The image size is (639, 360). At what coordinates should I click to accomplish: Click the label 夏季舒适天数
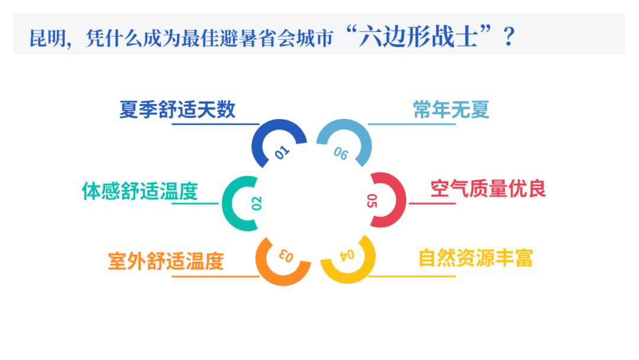tap(177, 110)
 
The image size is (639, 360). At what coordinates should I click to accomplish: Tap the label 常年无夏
tap(451, 110)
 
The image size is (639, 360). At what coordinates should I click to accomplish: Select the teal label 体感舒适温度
tap(140, 191)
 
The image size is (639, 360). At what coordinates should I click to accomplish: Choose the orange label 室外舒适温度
tap(166, 261)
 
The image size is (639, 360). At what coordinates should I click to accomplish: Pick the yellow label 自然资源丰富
tap(476, 258)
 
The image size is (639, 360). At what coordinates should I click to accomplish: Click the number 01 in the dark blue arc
tap(283, 153)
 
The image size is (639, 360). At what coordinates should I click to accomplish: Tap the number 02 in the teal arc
tap(257, 203)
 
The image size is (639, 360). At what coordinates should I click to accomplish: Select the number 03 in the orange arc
tap(286, 256)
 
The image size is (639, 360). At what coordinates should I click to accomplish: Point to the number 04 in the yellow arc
tap(347, 255)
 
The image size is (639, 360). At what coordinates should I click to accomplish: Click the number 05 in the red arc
tap(372, 201)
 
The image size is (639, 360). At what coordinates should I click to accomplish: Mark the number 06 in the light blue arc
tap(341, 153)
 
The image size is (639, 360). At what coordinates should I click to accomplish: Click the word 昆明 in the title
tap(46, 38)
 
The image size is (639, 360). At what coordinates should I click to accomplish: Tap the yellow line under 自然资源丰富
tap(414, 276)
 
